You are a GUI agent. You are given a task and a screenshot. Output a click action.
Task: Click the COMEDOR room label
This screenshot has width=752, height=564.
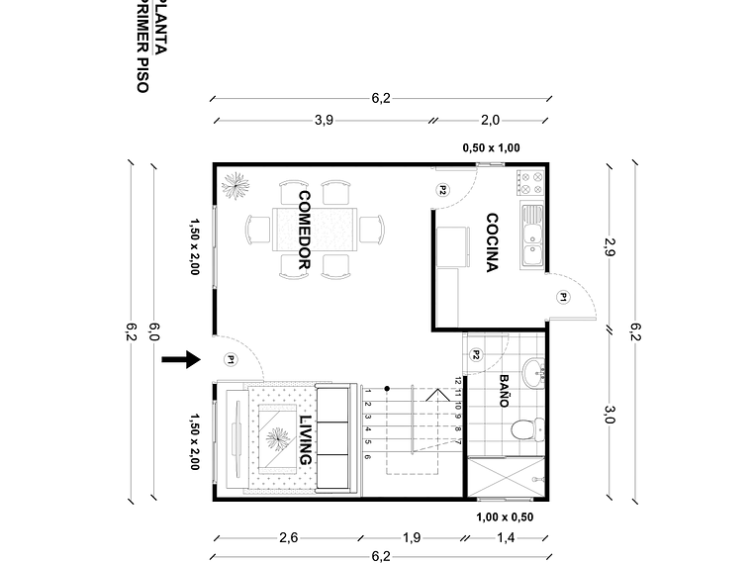tap(305, 231)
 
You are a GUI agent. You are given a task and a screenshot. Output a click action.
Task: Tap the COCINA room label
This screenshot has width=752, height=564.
tap(492, 242)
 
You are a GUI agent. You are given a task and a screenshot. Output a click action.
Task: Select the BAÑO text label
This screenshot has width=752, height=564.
tap(503, 391)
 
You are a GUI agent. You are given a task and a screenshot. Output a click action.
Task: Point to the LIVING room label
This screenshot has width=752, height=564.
tap(305, 440)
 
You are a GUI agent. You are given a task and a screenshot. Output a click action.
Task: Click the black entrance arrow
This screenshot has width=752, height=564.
tap(180, 360)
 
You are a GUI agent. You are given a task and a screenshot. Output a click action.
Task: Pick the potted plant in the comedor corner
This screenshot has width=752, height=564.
tap(235, 185)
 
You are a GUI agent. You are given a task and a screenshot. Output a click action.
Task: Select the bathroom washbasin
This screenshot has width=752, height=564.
tap(534, 374)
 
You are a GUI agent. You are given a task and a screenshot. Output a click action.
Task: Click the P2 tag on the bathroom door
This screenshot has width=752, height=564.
tap(476, 354)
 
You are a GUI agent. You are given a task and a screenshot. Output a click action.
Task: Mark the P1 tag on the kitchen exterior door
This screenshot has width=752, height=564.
tap(563, 296)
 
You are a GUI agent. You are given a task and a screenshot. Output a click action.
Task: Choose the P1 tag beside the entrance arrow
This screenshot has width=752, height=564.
tap(230, 359)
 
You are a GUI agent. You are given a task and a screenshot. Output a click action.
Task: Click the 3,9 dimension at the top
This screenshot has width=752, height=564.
tap(324, 121)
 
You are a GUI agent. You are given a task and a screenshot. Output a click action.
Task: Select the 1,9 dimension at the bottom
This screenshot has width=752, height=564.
tap(412, 538)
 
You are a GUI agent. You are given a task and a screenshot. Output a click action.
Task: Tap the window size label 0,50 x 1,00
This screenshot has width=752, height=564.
tap(491, 148)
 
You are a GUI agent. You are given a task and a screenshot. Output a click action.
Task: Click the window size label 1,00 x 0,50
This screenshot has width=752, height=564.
tap(505, 517)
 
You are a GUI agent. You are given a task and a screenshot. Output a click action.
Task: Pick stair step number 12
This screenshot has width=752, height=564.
tap(458, 380)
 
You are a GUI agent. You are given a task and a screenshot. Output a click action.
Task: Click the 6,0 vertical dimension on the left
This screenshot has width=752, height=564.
tap(153, 331)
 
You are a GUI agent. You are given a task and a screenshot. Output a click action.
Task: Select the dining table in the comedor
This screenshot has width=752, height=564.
tap(315, 231)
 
